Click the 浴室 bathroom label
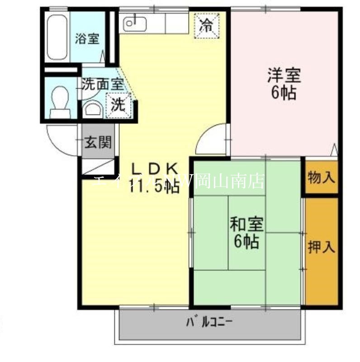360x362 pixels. pyautogui.click(x=86, y=38)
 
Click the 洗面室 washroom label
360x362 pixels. pyautogui.click(x=102, y=84)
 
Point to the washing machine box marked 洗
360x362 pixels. pyautogui.click(x=118, y=105)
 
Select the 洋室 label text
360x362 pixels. pyautogui.click(x=284, y=74)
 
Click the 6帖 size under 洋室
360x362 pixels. pyautogui.click(x=284, y=93)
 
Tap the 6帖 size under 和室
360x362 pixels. pyautogui.click(x=246, y=242)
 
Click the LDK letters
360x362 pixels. pyautogui.click(x=154, y=168)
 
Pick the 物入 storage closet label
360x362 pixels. pyautogui.click(x=321, y=178)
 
